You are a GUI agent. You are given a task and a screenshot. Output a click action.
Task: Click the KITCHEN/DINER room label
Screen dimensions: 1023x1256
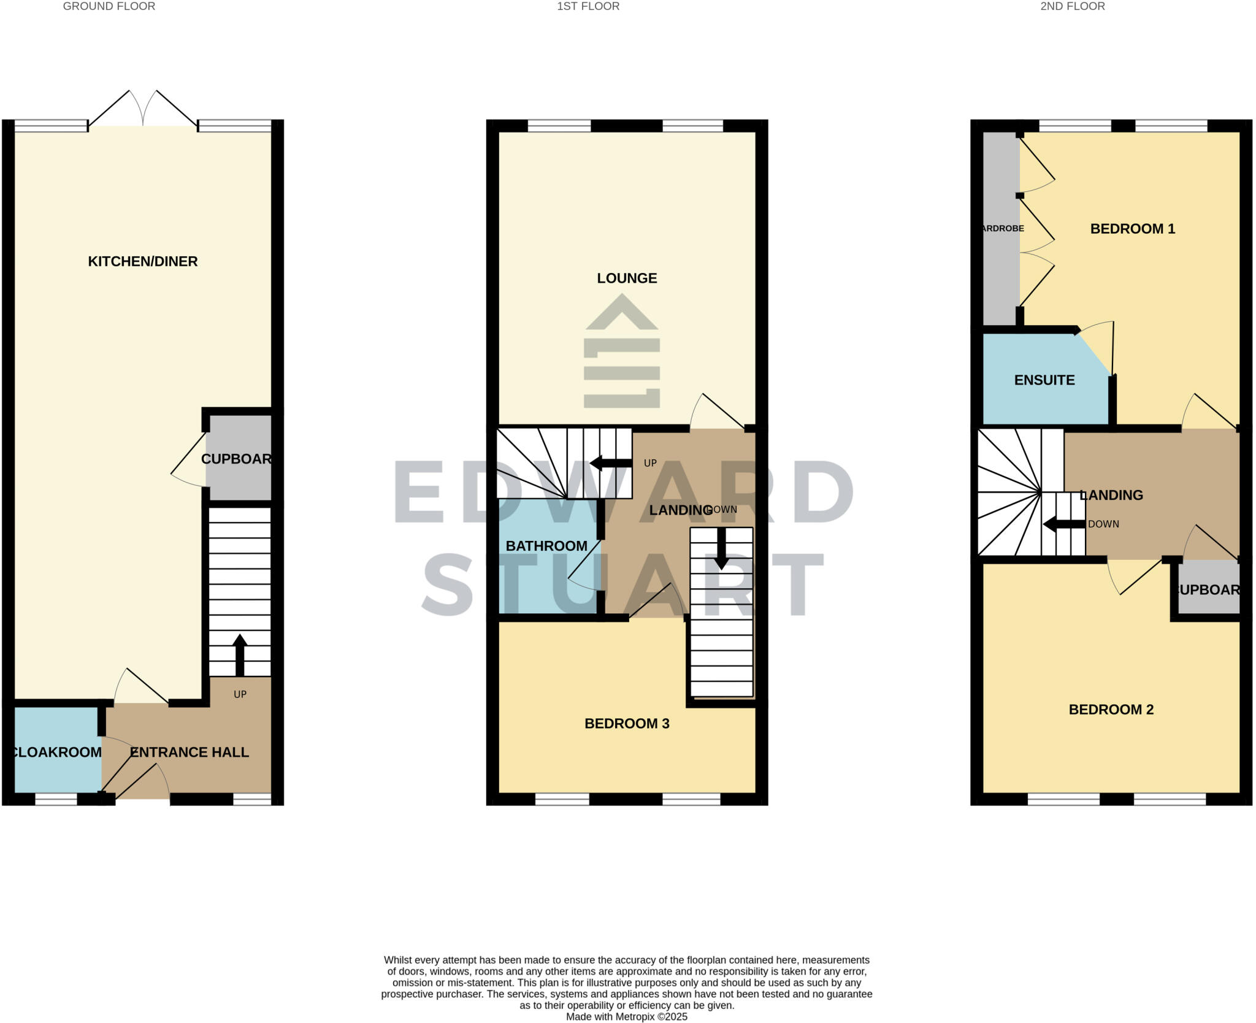click(142, 261)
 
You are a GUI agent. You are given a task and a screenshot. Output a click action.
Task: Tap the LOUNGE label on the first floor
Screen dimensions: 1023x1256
click(627, 278)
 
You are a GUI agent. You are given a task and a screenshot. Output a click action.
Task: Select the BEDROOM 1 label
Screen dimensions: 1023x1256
click(1132, 229)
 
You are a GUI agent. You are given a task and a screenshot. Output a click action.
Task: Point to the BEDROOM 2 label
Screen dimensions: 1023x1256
click(1111, 710)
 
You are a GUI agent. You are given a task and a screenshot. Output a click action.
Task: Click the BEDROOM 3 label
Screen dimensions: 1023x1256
click(626, 724)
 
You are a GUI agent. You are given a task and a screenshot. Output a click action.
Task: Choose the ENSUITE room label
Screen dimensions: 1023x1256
click(1044, 380)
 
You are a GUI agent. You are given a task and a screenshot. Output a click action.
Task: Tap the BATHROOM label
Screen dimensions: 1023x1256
click(546, 546)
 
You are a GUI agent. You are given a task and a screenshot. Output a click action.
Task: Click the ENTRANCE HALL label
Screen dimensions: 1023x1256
click(190, 752)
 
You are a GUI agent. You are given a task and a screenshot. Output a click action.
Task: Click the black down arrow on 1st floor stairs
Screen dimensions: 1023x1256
click(721, 549)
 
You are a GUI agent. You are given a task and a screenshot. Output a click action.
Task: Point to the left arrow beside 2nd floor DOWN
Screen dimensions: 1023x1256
click(1063, 524)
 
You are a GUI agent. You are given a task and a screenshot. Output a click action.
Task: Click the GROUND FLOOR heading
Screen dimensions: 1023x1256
click(109, 6)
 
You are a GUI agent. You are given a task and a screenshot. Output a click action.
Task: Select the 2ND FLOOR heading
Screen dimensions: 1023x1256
click(1072, 6)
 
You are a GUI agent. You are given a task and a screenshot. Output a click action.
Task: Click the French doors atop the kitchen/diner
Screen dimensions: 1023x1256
click(143, 110)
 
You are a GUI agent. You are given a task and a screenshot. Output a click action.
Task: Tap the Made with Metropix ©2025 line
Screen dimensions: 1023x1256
click(626, 1016)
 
